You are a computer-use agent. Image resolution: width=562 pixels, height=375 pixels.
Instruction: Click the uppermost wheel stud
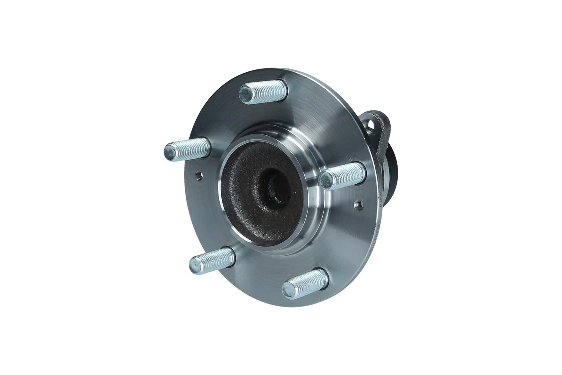(264, 92)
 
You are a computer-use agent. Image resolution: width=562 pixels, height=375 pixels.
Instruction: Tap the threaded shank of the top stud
(271, 90)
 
